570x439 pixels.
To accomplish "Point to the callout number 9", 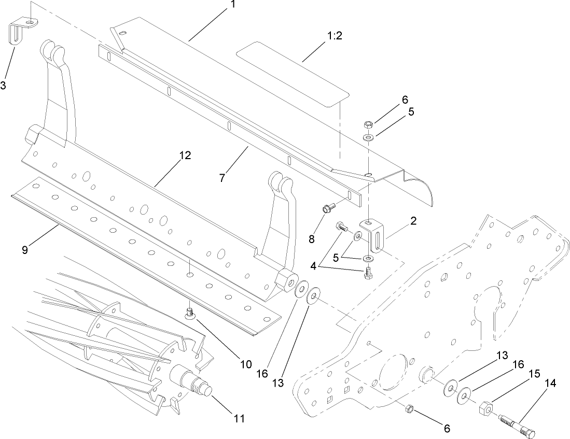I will (25, 249).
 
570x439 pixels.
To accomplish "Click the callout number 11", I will (239, 417).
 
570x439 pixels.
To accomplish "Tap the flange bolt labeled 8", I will (327, 208).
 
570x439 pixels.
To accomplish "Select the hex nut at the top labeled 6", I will (368, 124).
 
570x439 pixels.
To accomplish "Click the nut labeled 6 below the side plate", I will (408, 409).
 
